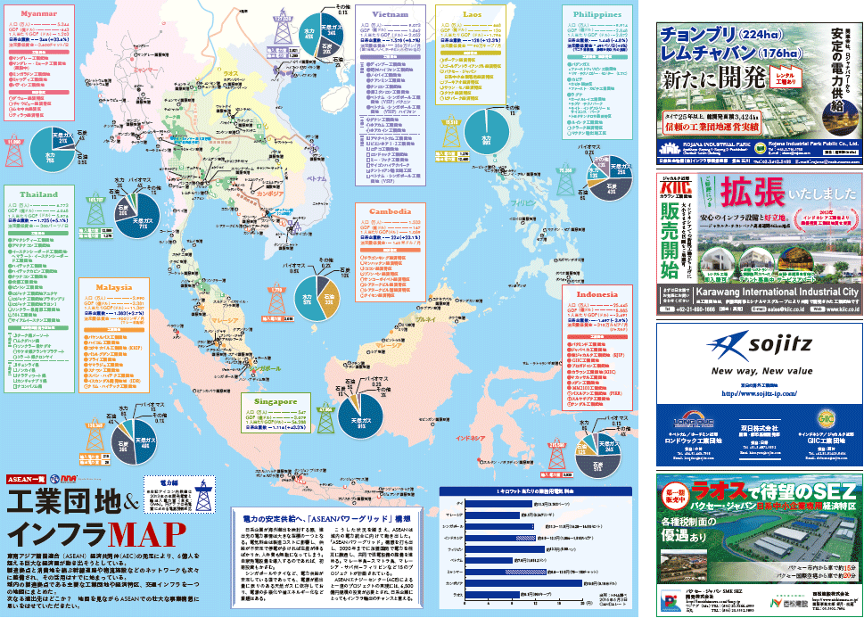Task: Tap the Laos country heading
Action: click(473, 15)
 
